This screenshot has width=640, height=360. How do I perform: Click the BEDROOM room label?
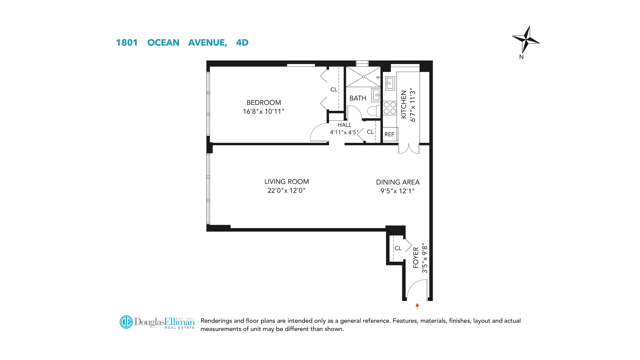pos(264,103)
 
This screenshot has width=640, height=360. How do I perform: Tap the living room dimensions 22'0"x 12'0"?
pos(286,191)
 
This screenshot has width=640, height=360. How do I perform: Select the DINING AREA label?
pos(398,182)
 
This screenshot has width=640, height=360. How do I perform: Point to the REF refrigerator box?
pos(390,134)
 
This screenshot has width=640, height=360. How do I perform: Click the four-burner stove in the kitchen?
pos(390,108)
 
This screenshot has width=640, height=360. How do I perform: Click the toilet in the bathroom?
pos(374,111)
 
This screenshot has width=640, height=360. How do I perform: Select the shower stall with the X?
pos(363,77)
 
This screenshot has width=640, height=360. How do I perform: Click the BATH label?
pos(358,98)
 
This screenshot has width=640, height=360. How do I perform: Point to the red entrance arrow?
pos(417,306)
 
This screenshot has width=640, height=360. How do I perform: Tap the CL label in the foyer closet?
pos(398,248)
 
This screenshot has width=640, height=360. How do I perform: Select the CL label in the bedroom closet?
pos(334,90)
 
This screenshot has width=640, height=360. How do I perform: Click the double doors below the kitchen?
pos(409,149)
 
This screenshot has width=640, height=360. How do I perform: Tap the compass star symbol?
pos(526,40)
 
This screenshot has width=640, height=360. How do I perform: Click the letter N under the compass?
pos(521,57)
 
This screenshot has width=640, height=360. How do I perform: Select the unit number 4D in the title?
pos(242,43)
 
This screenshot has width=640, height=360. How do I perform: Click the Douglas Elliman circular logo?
pos(126,322)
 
